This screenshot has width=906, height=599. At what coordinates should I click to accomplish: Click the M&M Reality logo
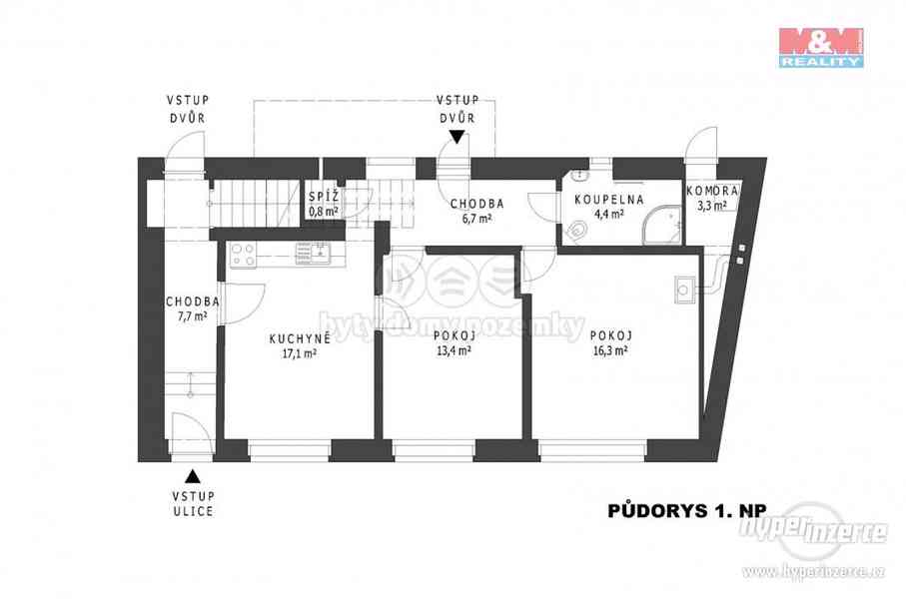click(821, 47)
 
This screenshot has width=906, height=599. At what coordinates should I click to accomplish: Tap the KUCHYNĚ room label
click(300, 339)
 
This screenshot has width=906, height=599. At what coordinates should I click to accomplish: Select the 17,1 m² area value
click(299, 354)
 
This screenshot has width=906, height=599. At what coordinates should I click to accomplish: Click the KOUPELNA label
click(609, 200)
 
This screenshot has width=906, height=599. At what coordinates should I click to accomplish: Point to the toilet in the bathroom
click(575, 232)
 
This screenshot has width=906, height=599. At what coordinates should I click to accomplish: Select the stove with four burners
click(243, 256)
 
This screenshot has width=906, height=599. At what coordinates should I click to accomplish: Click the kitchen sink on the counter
click(313, 253)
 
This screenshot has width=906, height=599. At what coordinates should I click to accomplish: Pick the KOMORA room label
click(712, 191)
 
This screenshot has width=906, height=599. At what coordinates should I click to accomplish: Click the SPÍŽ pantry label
click(324, 197)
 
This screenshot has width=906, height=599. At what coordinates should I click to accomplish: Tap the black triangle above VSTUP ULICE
click(193, 476)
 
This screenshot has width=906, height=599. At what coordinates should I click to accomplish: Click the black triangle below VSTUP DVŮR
click(457, 137)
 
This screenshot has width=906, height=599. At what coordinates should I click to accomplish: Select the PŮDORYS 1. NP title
click(687, 510)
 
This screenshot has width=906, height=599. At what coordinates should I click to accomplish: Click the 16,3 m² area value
click(609, 350)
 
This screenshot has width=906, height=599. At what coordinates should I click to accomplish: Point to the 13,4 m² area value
click(453, 350)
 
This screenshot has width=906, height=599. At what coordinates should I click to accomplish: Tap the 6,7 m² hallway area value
click(476, 219)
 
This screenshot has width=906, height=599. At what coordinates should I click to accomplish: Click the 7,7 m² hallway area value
click(193, 315)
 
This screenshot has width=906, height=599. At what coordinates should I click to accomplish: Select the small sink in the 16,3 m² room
click(684, 290)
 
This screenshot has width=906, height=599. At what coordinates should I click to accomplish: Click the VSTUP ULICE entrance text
click(193, 504)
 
